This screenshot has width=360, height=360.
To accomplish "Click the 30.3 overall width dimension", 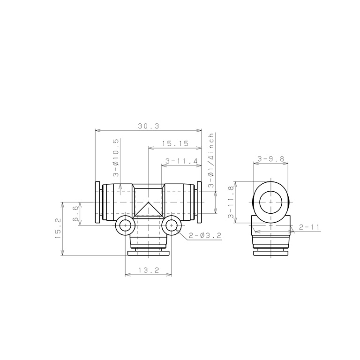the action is click(148, 126).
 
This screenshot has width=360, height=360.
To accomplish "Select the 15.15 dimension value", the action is click(175, 144).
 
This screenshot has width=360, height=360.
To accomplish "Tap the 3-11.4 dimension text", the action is click(181, 161).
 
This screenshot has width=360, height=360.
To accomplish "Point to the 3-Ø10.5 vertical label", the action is click(116, 157).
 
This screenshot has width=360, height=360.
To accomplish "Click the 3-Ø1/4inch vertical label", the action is click(211, 160).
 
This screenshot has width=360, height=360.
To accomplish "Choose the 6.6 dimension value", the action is click(75, 214).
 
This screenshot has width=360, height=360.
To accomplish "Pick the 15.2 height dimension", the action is click(58, 228).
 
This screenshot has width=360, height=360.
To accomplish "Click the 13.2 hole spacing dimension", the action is click(149, 270).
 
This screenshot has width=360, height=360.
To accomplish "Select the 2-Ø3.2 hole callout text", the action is click(205, 235).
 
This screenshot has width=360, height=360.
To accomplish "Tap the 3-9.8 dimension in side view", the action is click(270, 158).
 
